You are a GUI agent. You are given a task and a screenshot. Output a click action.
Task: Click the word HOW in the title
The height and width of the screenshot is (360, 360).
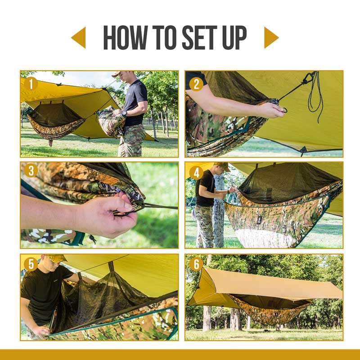124,38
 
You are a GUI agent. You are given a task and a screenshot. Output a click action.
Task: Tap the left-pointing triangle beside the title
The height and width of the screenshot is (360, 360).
79,38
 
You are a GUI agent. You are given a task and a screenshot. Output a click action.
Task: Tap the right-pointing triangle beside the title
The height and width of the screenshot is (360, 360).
270,38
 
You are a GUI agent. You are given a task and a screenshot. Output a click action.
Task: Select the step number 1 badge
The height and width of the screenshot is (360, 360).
31,84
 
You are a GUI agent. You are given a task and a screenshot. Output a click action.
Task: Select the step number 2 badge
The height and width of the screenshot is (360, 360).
196,84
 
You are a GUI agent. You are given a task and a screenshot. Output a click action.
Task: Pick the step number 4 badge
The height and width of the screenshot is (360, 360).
196,173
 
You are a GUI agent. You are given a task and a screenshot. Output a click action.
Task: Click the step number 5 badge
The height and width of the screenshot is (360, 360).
31,264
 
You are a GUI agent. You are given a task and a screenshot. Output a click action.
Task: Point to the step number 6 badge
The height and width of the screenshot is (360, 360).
196,264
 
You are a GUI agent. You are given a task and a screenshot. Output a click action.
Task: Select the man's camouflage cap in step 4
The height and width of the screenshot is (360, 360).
221,166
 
